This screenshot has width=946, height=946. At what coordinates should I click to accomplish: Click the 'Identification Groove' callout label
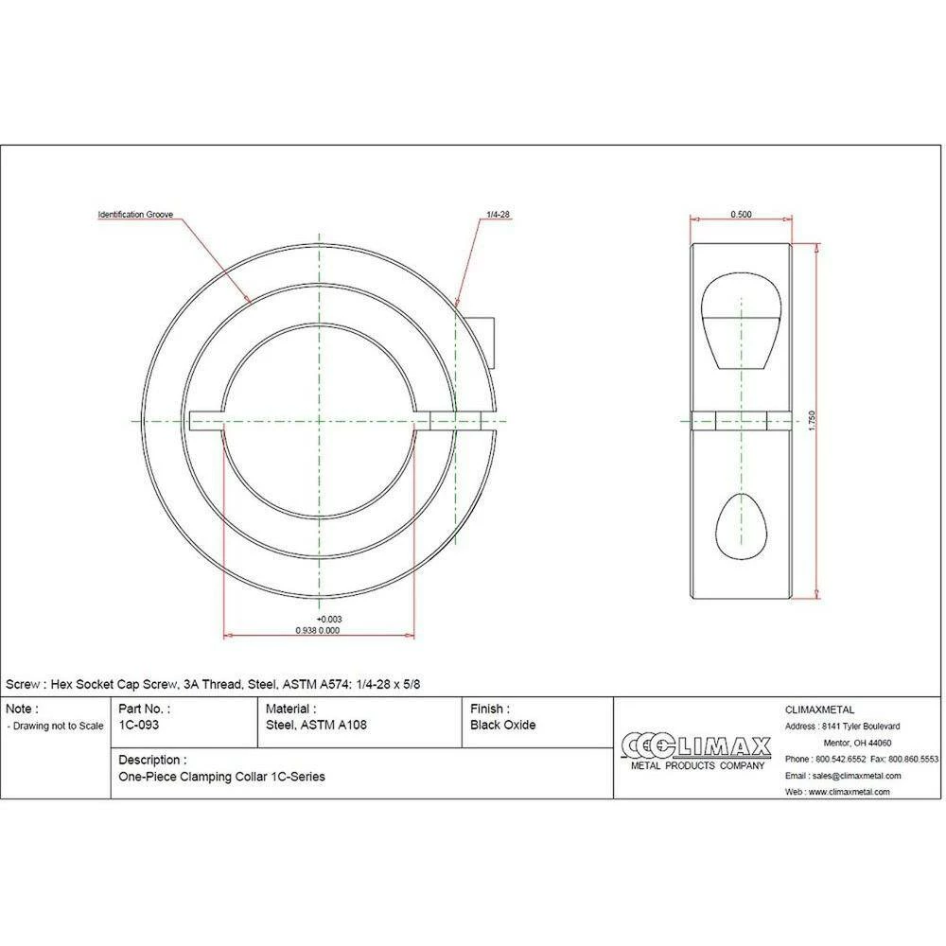point(135,214)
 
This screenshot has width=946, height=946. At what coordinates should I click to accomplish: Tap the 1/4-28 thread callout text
point(499,214)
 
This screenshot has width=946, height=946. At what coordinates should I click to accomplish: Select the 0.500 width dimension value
point(741,214)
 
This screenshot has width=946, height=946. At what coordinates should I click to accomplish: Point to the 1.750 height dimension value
point(812,421)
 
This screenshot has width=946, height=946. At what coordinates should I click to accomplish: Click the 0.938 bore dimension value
point(306,630)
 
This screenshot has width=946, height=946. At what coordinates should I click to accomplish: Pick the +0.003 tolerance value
point(329,619)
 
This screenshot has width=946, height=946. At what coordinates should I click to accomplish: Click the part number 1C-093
point(139,725)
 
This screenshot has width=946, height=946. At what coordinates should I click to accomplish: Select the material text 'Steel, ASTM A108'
point(316,725)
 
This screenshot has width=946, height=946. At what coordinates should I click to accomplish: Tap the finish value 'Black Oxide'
point(502,725)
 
